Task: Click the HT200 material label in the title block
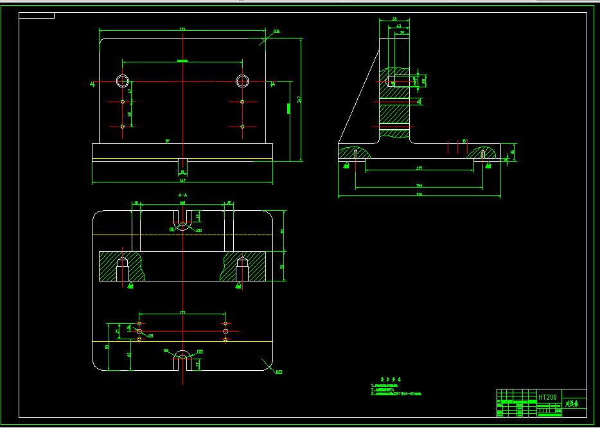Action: pos(547,397)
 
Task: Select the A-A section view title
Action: pos(183,194)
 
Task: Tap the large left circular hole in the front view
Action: pos(122,81)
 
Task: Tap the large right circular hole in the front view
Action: pos(242,81)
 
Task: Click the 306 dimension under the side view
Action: pos(419,194)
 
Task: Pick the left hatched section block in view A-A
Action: pos(122,266)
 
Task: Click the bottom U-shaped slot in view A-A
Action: pos(183,360)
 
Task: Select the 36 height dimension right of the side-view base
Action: pos(512,152)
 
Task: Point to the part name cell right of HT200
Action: pos(573,404)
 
